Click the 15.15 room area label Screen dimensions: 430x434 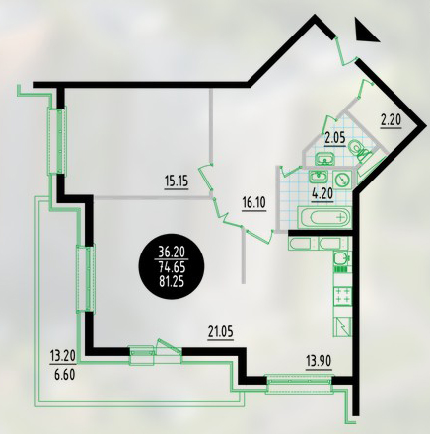coord(177,181)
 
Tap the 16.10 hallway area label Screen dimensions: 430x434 coord(253,202)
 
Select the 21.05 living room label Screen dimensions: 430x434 coord(220,331)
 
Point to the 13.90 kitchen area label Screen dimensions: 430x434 coord(319,362)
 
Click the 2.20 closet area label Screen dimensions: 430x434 coord(392,120)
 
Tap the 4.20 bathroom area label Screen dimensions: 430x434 coord(322,193)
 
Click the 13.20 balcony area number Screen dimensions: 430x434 coord(63,355)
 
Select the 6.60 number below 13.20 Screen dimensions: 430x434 coord(63,375)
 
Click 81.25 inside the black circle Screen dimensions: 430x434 coord(173,282)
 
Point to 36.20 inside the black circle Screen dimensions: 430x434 coord(173,253)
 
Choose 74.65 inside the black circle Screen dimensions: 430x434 coord(173,267)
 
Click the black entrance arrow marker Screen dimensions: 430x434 coord(365,31)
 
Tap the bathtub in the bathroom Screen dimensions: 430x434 coord(324,217)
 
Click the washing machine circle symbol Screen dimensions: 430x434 coord(342,180)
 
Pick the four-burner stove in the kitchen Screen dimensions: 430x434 coord(343,295)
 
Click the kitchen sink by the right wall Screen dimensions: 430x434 coord(342,258)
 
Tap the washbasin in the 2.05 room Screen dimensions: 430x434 coord(324,160)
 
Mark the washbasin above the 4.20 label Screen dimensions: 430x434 coord(319,177)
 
